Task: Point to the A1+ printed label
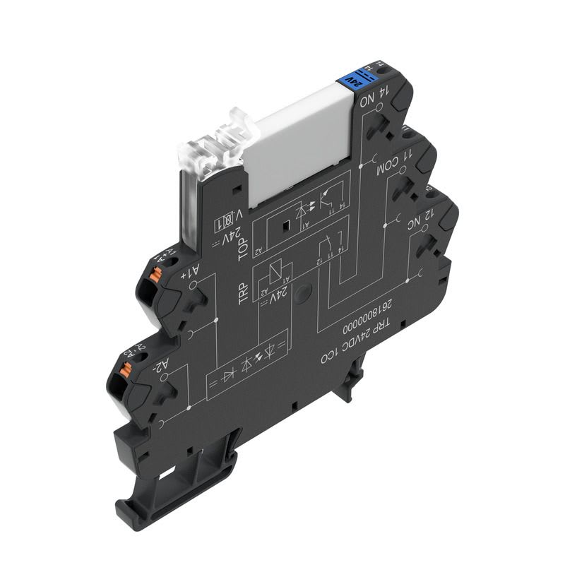point(181,268)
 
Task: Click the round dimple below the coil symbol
point(302,294)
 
